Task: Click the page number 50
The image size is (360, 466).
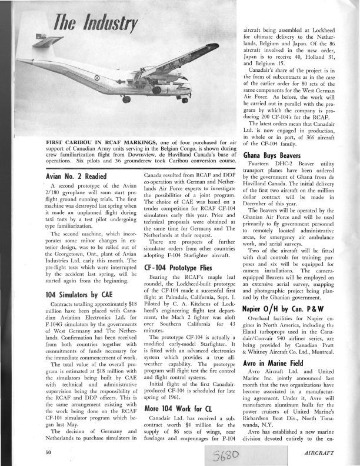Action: coord(49,452)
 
